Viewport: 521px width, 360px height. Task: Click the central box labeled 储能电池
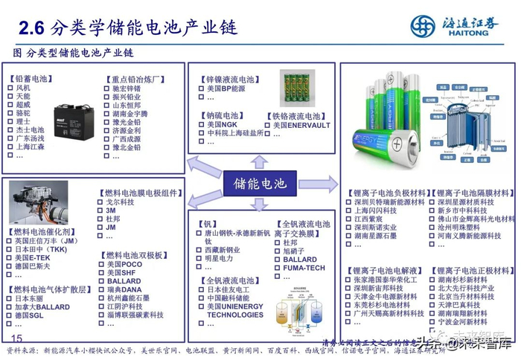click(x=260, y=183)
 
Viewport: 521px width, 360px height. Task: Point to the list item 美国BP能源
click(x=226, y=89)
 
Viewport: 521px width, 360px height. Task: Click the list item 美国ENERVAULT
click(x=301, y=126)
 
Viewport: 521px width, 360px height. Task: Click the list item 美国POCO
click(x=124, y=264)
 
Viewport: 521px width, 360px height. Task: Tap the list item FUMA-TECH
click(x=304, y=268)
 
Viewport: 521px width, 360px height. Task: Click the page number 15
click(x=18, y=338)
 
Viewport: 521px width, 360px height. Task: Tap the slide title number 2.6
click(x=32, y=28)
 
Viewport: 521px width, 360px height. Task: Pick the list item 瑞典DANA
click(x=124, y=290)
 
